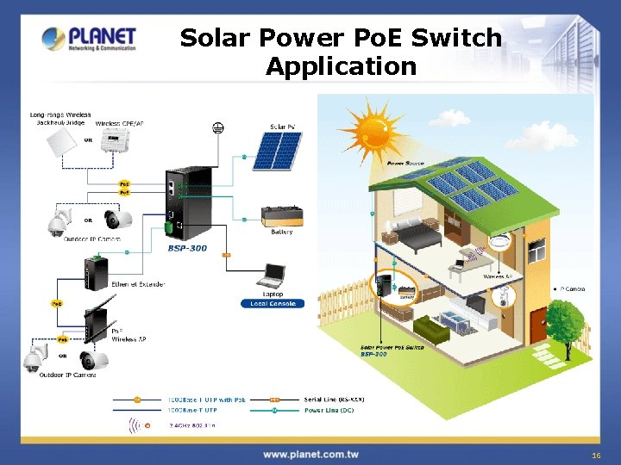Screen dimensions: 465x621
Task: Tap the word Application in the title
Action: coord(341,66)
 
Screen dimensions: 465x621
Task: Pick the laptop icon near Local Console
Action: coord(273,276)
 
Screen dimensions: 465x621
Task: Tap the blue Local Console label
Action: coord(273,303)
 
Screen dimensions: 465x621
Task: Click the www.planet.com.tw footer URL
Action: coord(310,454)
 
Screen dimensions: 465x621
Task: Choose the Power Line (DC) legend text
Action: coord(329,410)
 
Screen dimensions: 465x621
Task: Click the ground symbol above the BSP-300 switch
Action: coord(218,128)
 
